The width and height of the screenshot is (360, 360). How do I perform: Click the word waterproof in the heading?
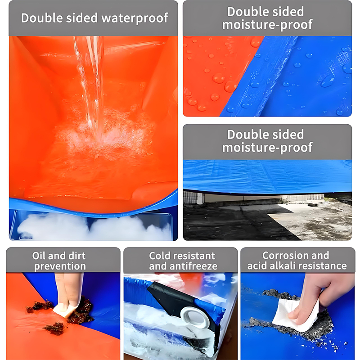coord(135,18)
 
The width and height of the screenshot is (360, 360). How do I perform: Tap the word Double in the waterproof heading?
coord(42,18)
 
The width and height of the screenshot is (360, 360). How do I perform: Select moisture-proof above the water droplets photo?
coord(267,25)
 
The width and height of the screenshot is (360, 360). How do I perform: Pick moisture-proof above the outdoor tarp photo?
coord(267,148)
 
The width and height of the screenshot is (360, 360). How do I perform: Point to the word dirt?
coord(76,256)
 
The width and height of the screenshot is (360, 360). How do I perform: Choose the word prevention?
coord(60,266)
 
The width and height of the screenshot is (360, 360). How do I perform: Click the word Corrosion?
coord(283,255)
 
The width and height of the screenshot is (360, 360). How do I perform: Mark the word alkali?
coord(282,266)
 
